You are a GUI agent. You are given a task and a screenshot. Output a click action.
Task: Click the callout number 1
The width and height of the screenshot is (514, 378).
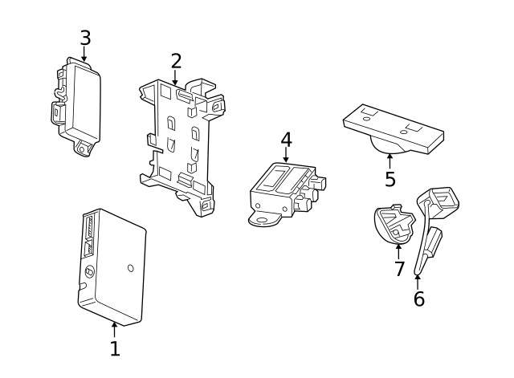point(114,348)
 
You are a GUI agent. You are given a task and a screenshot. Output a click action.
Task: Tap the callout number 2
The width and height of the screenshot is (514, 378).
point(176,61)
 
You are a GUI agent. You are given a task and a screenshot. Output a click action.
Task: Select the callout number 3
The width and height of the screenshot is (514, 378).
point(85,38)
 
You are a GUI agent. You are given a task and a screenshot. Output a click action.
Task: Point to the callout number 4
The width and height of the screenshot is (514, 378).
point(286,140)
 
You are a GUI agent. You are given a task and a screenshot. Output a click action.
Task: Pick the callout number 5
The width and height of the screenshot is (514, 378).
point(390,179)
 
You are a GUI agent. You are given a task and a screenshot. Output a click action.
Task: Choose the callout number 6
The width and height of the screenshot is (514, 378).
point(418,299)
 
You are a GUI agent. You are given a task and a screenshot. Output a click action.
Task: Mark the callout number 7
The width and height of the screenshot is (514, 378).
point(399,268)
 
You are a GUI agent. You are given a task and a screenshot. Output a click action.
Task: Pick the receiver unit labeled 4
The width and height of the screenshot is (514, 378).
point(281,189)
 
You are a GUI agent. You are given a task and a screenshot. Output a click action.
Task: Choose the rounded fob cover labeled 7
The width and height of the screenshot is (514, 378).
point(393,226)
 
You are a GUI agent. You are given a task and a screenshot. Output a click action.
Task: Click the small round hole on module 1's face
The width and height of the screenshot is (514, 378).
point(131,267)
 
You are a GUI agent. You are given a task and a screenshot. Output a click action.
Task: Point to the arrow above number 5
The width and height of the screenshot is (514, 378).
point(390,160)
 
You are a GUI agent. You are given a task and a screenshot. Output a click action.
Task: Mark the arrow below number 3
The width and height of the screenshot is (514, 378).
point(85,53)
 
